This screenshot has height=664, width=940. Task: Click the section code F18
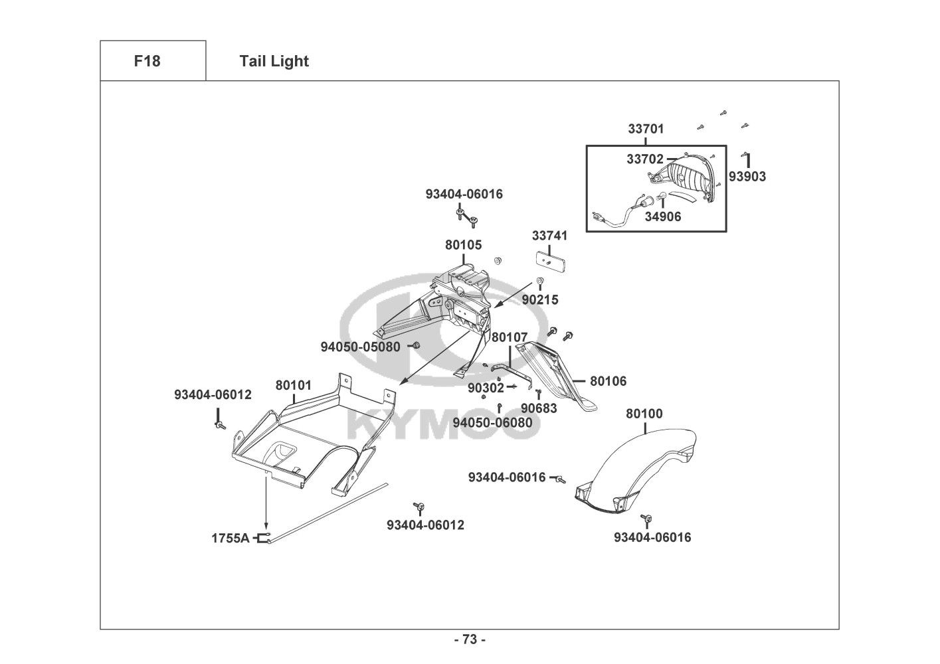click(x=147, y=61)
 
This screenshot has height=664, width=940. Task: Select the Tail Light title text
click(x=274, y=61)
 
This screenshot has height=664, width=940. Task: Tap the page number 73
click(x=470, y=639)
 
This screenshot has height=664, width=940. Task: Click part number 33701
click(x=646, y=129)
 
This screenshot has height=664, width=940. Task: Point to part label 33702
click(x=645, y=159)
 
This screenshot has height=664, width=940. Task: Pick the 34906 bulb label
click(x=662, y=217)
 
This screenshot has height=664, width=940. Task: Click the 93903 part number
click(x=747, y=177)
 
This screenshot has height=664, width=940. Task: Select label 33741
click(x=549, y=236)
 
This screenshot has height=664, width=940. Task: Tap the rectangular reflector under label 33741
click(x=551, y=262)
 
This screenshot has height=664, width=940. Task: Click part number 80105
click(x=463, y=245)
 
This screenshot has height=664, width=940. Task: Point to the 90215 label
click(x=540, y=300)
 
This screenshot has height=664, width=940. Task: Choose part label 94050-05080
click(x=360, y=347)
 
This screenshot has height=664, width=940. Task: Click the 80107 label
click(x=510, y=337)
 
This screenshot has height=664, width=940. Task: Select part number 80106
click(x=608, y=381)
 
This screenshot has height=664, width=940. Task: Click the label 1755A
click(x=230, y=538)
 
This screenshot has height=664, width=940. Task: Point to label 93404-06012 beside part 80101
click(x=213, y=394)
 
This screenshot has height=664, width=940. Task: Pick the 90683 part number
click(x=539, y=408)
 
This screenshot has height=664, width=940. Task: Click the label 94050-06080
click(x=492, y=422)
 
